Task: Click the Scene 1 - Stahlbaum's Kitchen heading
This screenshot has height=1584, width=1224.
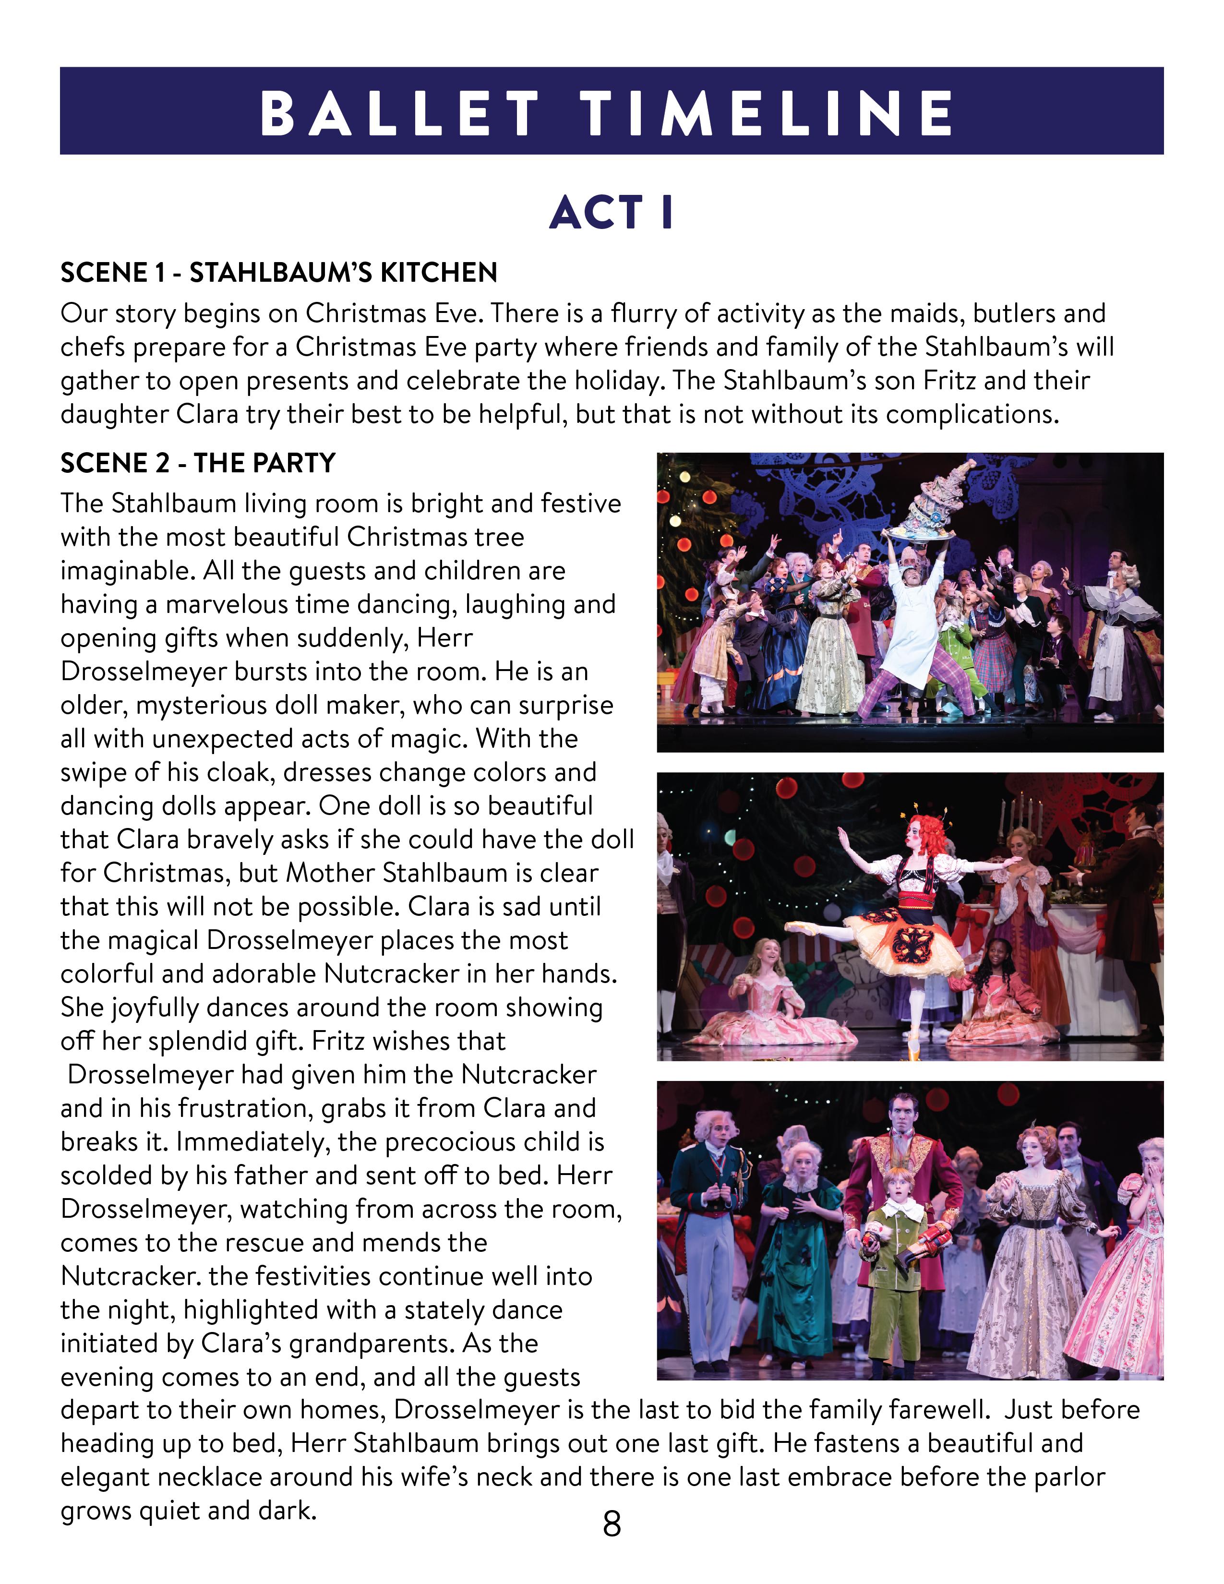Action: point(278,273)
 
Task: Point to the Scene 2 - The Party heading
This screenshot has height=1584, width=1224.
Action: point(197,463)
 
